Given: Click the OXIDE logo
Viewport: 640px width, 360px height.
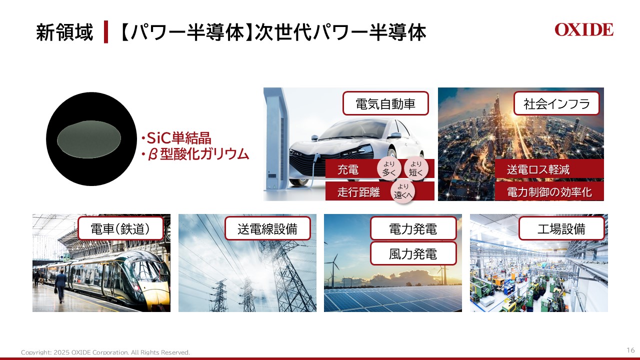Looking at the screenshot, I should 583,30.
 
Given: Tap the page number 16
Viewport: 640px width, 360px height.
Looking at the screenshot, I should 630,349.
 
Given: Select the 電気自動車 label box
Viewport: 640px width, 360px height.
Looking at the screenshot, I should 385,104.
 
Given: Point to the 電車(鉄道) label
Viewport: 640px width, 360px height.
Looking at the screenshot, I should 120,229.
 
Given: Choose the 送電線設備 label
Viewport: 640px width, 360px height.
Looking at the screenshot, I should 267,229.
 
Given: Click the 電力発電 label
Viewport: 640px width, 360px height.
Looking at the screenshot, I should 413,229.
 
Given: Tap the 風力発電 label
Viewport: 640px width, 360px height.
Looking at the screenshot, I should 413,253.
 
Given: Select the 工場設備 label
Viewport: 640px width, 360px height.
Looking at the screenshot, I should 561,229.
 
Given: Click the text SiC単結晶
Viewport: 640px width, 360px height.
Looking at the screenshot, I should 175,138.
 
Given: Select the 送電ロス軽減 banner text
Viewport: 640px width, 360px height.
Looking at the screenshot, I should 538,169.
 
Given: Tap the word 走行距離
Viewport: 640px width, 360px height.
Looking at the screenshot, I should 358,192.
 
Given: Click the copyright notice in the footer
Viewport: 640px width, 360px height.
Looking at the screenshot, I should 105,352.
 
